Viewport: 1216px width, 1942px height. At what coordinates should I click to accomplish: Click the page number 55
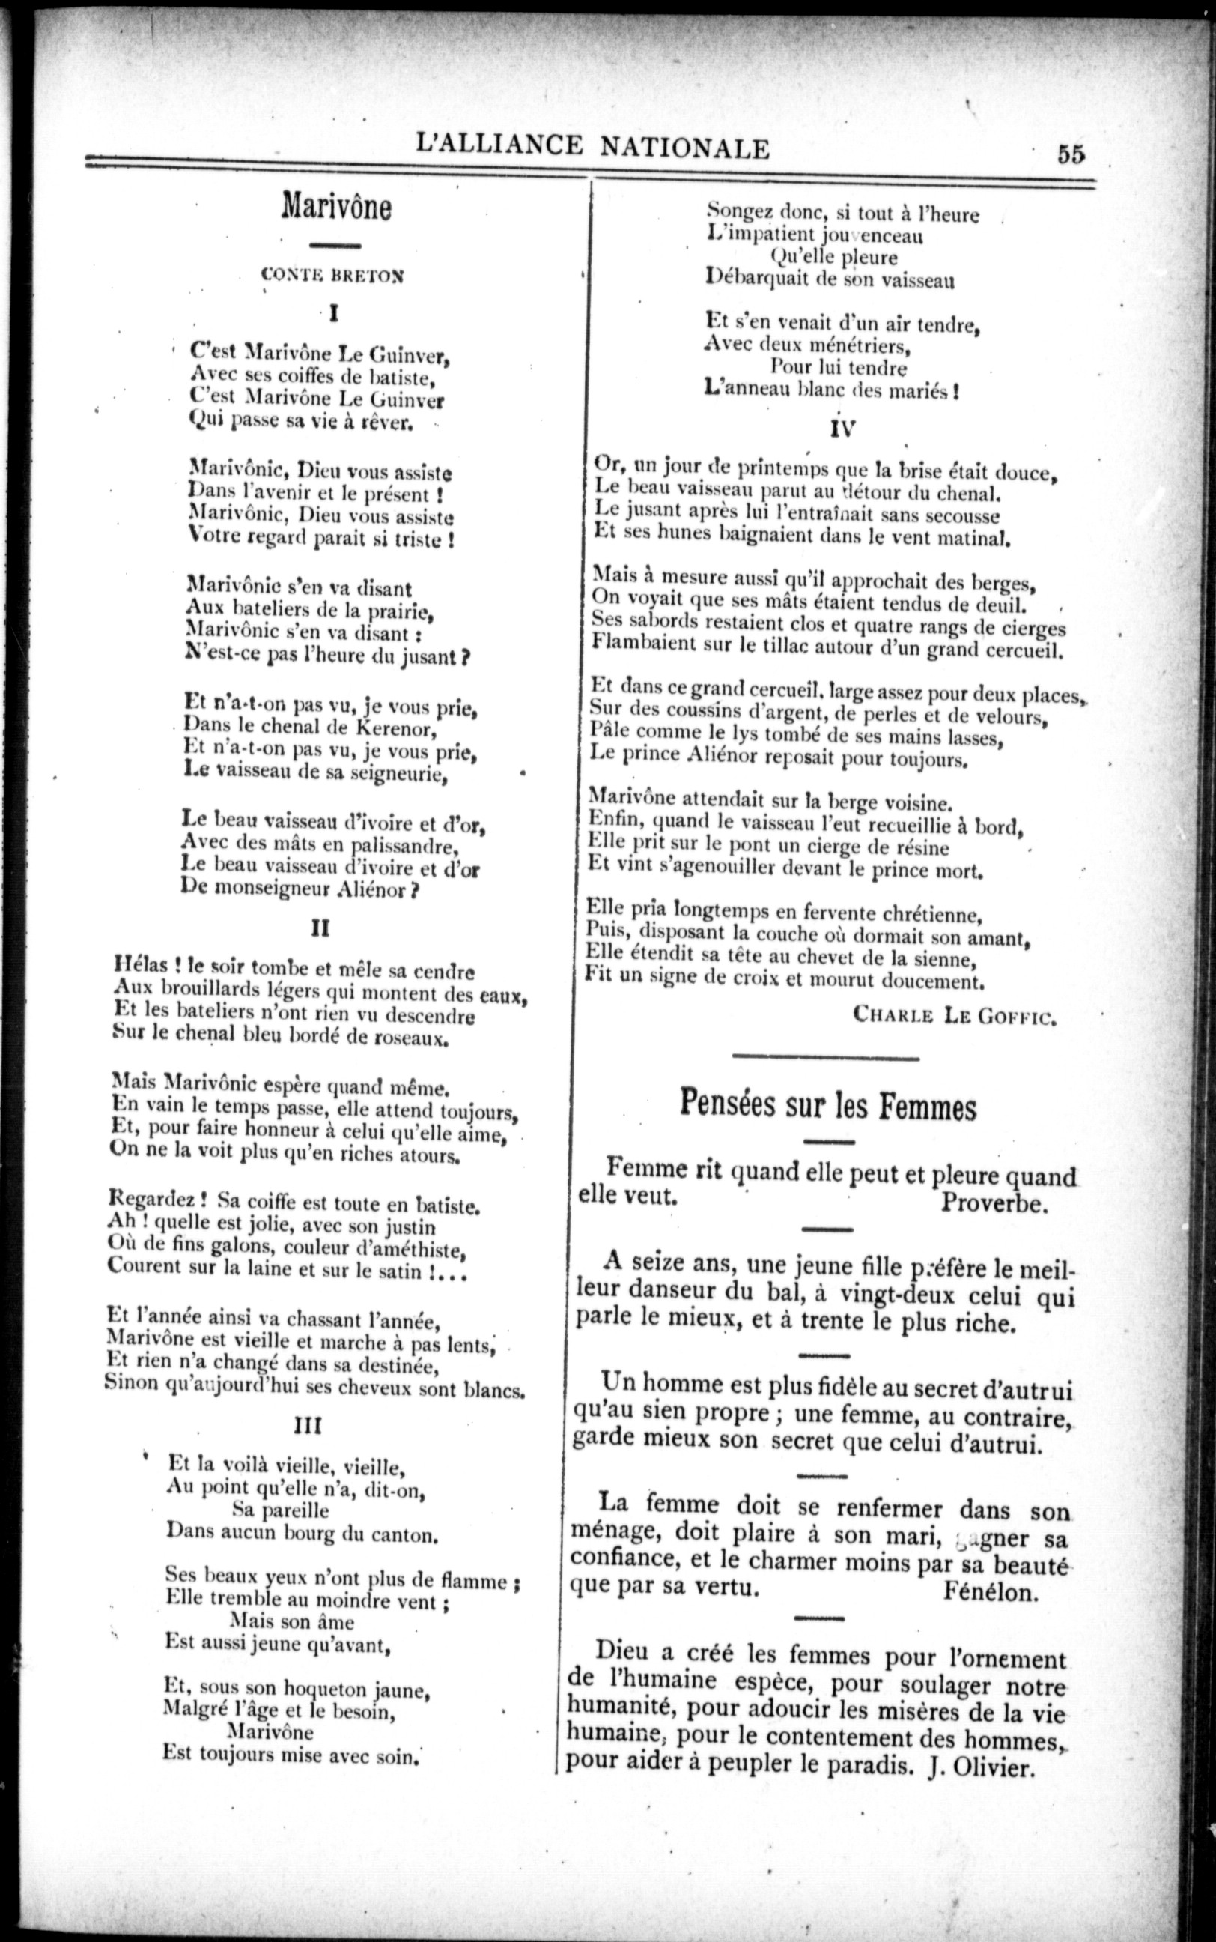(x=1071, y=153)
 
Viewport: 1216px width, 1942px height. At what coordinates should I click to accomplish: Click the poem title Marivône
(x=336, y=208)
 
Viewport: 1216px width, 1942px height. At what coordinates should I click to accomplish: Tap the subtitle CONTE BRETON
(x=332, y=275)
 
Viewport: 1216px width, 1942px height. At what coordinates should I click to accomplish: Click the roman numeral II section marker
(x=320, y=928)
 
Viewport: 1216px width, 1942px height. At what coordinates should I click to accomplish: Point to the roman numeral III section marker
(x=308, y=1425)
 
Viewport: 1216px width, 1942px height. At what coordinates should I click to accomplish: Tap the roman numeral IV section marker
(x=843, y=428)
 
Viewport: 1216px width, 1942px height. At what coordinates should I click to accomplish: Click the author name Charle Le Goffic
(x=955, y=1016)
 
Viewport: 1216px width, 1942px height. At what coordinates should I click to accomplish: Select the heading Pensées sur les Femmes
(x=828, y=1105)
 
